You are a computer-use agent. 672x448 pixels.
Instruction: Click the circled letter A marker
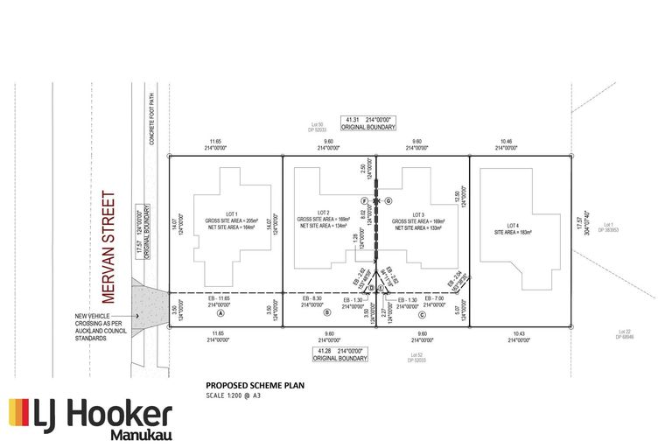tap(220, 313)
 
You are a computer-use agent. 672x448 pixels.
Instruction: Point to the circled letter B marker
tap(326, 313)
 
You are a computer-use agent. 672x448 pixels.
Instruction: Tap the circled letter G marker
tap(388, 200)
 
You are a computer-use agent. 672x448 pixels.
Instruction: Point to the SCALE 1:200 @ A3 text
tap(234, 395)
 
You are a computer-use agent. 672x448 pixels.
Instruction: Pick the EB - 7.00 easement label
tap(435, 299)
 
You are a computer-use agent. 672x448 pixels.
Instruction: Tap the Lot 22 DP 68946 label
tap(625, 333)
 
